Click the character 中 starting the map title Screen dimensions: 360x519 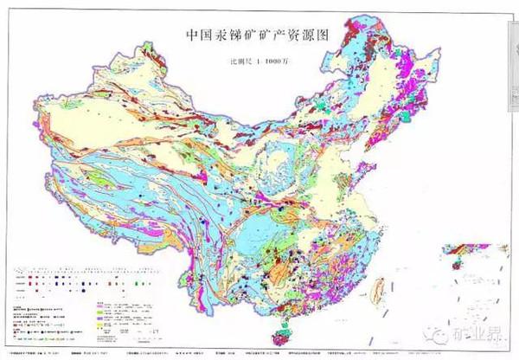click(195, 36)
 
